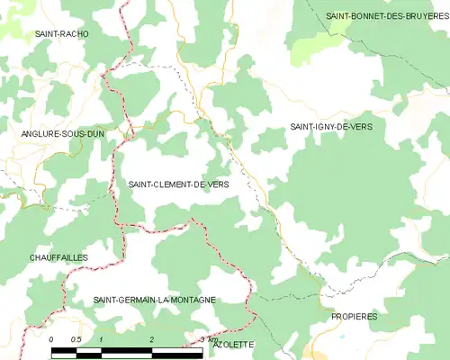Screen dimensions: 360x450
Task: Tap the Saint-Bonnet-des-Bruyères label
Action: (x=387, y=16)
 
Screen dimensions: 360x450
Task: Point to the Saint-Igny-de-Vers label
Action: (x=330, y=127)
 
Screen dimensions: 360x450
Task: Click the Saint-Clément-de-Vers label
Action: (x=178, y=184)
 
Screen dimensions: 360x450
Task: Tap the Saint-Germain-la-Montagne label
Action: (x=155, y=299)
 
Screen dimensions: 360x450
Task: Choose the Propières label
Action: (x=354, y=317)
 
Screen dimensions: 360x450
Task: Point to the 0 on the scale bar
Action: (x=51, y=338)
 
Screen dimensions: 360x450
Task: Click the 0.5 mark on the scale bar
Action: (x=76, y=338)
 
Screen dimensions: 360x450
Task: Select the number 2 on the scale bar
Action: (x=151, y=338)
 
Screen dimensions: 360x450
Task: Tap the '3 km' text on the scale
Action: (x=207, y=338)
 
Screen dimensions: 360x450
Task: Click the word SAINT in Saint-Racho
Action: (x=46, y=33)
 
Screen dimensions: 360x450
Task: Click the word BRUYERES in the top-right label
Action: (x=425, y=16)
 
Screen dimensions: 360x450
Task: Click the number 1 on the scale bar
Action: (x=102, y=338)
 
